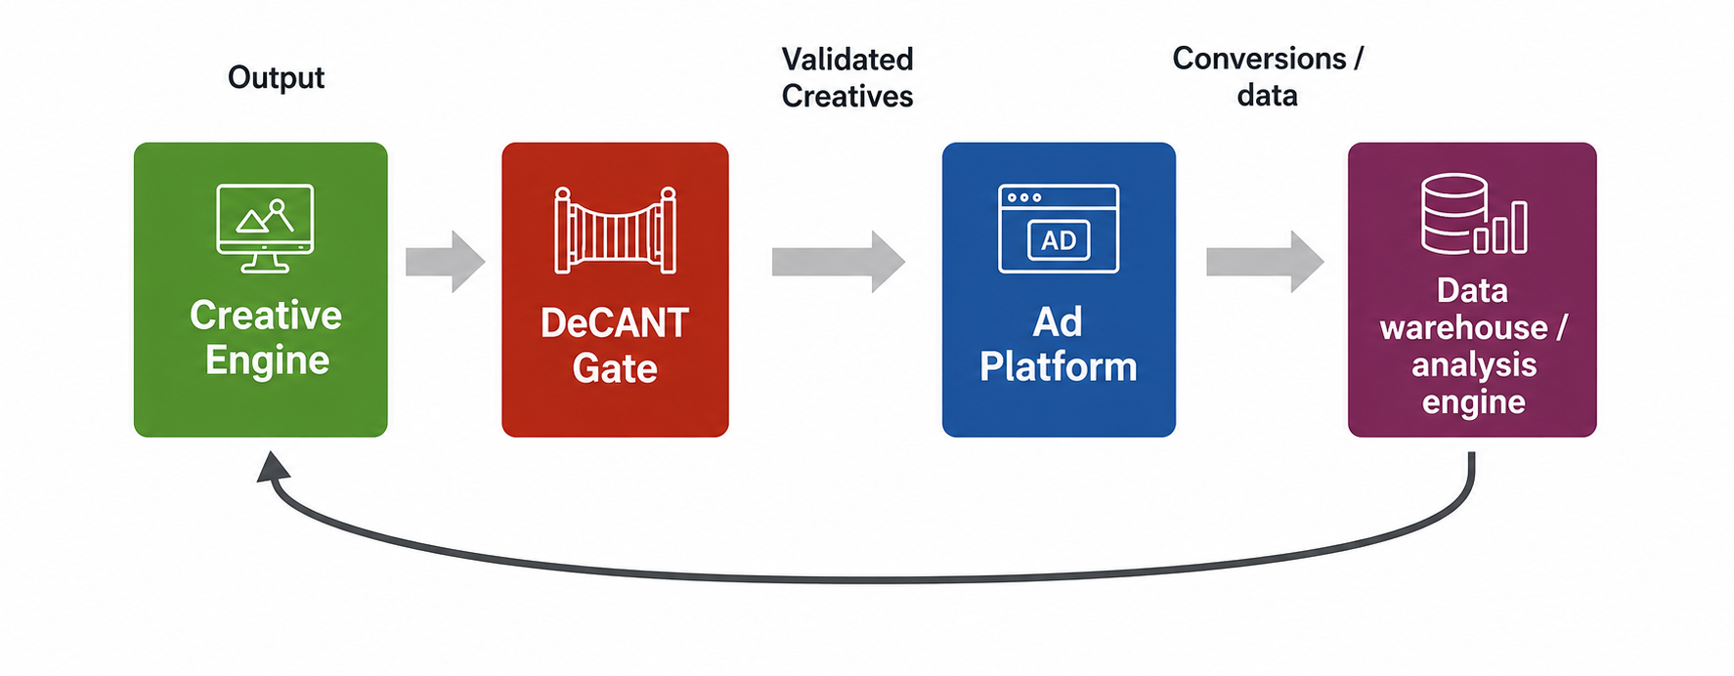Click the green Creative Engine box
(260, 289)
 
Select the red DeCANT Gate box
(615, 289)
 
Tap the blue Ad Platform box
(1059, 289)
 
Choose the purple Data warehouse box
(1472, 289)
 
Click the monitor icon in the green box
(265, 228)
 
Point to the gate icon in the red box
(615, 230)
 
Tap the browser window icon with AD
(1059, 229)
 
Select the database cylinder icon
(1453, 213)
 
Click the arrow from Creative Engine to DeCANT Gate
(446, 261)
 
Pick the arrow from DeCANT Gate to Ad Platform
(839, 261)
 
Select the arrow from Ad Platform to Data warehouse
(1265, 261)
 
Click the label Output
(276, 77)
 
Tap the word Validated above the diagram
(847, 59)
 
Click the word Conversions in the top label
(1259, 59)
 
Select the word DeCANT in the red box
(615, 323)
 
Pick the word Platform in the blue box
(1059, 367)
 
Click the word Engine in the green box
(267, 361)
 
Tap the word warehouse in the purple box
(1463, 327)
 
